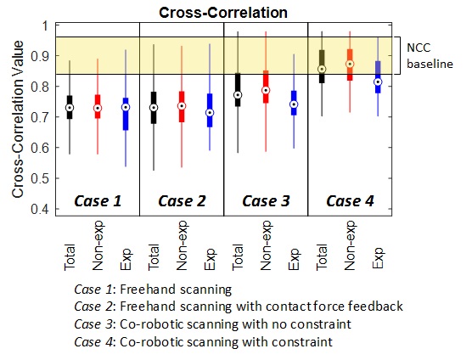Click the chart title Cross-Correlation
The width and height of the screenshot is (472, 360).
pos(223,13)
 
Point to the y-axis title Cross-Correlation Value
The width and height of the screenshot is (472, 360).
pos(18,119)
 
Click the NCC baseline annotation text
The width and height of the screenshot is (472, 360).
pos(430,56)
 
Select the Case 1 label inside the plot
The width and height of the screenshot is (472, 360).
pos(98,201)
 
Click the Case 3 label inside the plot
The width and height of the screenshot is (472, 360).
pos(266,201)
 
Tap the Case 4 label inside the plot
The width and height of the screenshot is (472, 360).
pos(350,201)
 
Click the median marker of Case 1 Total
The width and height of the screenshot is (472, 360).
pos(70,108)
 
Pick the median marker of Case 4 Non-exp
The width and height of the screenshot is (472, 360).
pos(350,65)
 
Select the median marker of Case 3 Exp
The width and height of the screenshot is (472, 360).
pos(294,104)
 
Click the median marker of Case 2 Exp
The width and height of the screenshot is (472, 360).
pos(210,113)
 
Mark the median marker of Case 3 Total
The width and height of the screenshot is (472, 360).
pos(238,95)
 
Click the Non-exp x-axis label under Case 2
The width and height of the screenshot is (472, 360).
pos(182,245)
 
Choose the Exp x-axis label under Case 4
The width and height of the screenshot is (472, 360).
pos(378,258)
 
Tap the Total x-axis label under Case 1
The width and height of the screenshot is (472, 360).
pos(70,257)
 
